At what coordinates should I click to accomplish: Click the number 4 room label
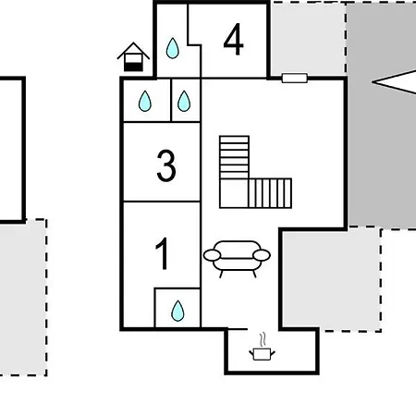coord(233,40)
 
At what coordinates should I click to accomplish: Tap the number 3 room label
coord(166,165)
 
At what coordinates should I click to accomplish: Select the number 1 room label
coord(163,253)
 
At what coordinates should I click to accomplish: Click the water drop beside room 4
coord(173,48)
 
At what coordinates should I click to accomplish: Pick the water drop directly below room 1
coord(177,311)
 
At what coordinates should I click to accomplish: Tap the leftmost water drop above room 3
coord(145,101)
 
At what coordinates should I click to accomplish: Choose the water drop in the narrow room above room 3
coord(184,101)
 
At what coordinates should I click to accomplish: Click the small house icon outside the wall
coord(133,56)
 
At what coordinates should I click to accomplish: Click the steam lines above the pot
coord(263,339)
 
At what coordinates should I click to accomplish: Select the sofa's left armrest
coord(212,255)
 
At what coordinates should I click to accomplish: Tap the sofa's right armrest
coord(262,255)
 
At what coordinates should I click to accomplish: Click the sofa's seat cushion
coord(237,263)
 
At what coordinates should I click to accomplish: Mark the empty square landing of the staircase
coord(234,193)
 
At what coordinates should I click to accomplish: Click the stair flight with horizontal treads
coord(234,157)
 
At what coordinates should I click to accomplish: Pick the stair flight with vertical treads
coord(270,193)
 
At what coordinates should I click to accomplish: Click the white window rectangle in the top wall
coord(295,78)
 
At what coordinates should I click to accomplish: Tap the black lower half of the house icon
coord(133,67)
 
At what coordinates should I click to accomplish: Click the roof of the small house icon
coord(133,50)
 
